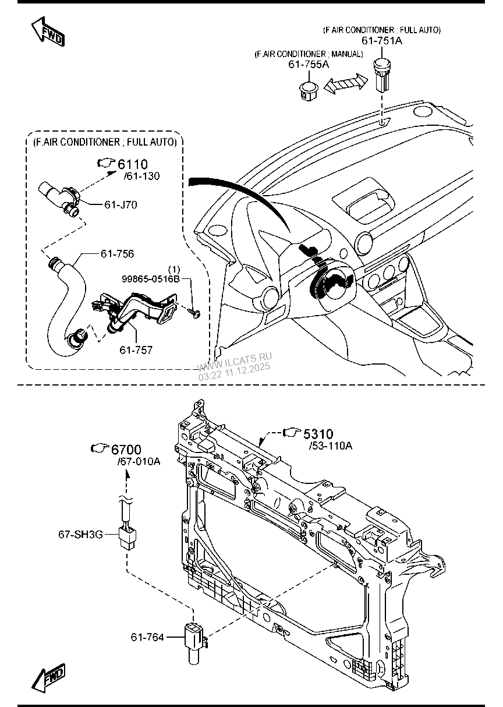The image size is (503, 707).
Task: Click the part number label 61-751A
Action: [382, 41]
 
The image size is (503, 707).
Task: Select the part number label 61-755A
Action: [309, 65]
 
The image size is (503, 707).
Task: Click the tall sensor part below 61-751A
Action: [381, 75]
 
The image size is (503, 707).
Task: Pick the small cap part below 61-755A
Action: [308, 91]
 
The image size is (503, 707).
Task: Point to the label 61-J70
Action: [121, 204]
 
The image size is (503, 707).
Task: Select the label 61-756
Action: [117, 253]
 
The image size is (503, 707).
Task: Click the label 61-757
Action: [136, 349]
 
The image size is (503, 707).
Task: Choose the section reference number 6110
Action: [133, 164]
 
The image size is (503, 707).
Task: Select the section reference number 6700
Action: [126, 450]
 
